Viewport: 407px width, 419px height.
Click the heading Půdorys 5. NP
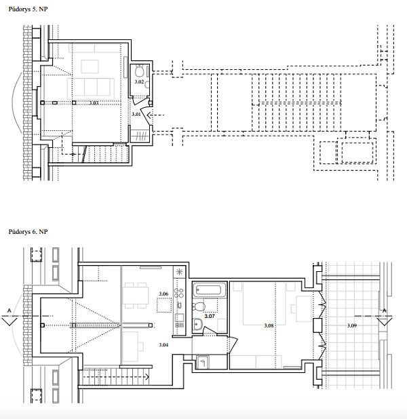pos(28,9)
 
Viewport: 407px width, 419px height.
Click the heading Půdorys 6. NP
pos(28,232)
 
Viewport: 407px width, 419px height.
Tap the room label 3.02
pos(139,82)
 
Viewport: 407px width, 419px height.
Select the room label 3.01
pos(136,114)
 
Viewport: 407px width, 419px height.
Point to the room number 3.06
pos(163,294)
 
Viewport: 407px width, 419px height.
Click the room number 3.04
pos(163,344)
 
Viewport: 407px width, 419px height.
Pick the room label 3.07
pos(210,316)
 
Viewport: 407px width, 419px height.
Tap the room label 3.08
pos(269,325)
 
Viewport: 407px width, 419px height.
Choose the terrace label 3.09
pos(352,325)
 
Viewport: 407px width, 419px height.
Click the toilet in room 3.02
pos(140,71)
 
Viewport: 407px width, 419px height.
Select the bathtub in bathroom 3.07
pos(209,290)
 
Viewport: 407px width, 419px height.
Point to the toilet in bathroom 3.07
pos(199,306)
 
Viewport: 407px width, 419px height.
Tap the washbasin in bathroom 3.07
pos(197,325)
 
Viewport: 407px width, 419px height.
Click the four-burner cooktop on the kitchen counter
pos(179,293)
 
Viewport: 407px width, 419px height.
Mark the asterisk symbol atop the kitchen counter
pos(179,273)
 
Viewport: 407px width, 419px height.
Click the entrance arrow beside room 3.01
pos(155,115)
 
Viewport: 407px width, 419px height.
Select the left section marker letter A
pos(9,311)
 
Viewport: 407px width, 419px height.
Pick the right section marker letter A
pos(385,311)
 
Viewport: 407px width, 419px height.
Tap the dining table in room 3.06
pos(136,295)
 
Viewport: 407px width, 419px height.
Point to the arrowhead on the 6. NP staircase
pos(147,377)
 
